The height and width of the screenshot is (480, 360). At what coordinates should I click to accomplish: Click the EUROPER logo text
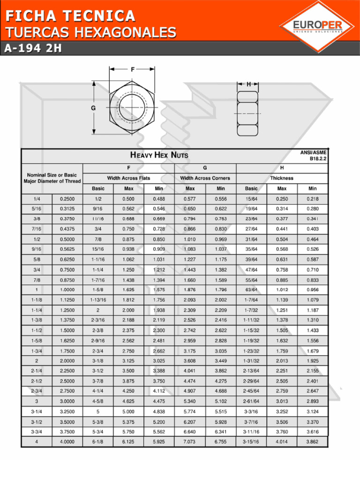point(317,25)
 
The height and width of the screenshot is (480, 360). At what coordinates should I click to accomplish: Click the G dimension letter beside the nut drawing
point(93,108)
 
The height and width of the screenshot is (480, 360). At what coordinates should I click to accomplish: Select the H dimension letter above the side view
point(249,84)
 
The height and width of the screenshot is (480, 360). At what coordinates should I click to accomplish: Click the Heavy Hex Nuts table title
point(159,155)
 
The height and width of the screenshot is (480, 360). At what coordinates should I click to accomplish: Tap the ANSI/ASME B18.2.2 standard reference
point(314,156)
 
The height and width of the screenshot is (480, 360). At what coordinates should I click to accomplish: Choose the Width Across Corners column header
point(205,178)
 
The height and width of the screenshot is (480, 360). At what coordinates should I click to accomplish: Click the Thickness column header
point(282,178)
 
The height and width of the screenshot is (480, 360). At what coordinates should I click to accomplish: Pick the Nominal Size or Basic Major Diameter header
point(52,178)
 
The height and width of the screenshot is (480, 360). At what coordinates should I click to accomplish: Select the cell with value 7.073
point(190,442)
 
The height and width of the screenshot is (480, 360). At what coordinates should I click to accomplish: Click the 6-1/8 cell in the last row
point(98,442)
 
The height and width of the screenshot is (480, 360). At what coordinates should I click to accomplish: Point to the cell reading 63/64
point(251,290)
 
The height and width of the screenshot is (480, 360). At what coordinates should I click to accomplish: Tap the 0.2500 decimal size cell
point(67,199)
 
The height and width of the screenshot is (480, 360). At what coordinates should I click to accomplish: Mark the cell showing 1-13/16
point(98,300)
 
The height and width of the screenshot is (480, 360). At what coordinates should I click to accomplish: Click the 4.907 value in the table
point(190,391)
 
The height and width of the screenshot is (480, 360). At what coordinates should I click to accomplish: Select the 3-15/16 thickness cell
point(251,442)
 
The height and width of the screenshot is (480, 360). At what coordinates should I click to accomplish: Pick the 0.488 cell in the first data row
point(159,199)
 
